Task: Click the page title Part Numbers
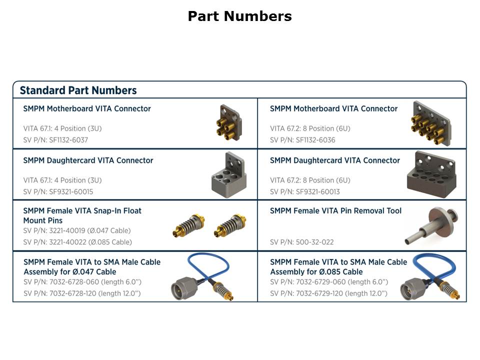pyautogui.click(x=239, y=16)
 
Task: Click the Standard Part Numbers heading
pyautogui.click(x=78, y=90)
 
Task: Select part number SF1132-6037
pyautogui.click(x=68, y=140)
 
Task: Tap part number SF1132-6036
pyautogui.click(x=315, y=140)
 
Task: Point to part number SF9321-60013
pyautogui.click(x=318, y=191)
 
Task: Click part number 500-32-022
pyautogui.click(x=314, y=242)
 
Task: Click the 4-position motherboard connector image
pyautogui.click(x=229, y=122)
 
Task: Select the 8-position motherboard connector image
pyautogui.click(x=431, y=123)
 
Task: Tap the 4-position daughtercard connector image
pyautogui.click(x=229, y=175)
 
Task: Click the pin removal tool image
pyautogui.click(x=431, y=225)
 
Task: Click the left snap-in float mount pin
pyautogui.click(x=188, y=225)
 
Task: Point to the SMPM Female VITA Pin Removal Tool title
pyautogui.click(x=335, y=211)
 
